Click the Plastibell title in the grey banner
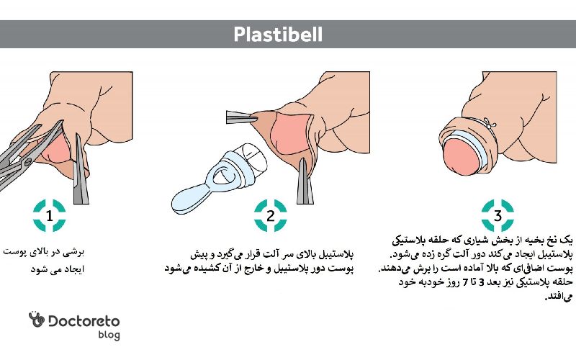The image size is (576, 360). pos(278,35)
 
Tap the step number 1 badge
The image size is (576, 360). pos(49,215)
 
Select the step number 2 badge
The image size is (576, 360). pos(271,215)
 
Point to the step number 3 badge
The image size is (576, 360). pos(498,215)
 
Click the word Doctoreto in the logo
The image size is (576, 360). pos(84,321)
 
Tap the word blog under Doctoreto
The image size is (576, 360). pos(109,335)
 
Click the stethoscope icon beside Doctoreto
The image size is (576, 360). pos(37,319)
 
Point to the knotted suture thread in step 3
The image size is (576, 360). pos(490,123)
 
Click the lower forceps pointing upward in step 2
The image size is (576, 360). pos(305,181)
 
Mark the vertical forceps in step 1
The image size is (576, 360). pos(81,169)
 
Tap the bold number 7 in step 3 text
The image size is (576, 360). pos(465,282)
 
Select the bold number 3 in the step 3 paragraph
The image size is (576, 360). pos(482,282)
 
